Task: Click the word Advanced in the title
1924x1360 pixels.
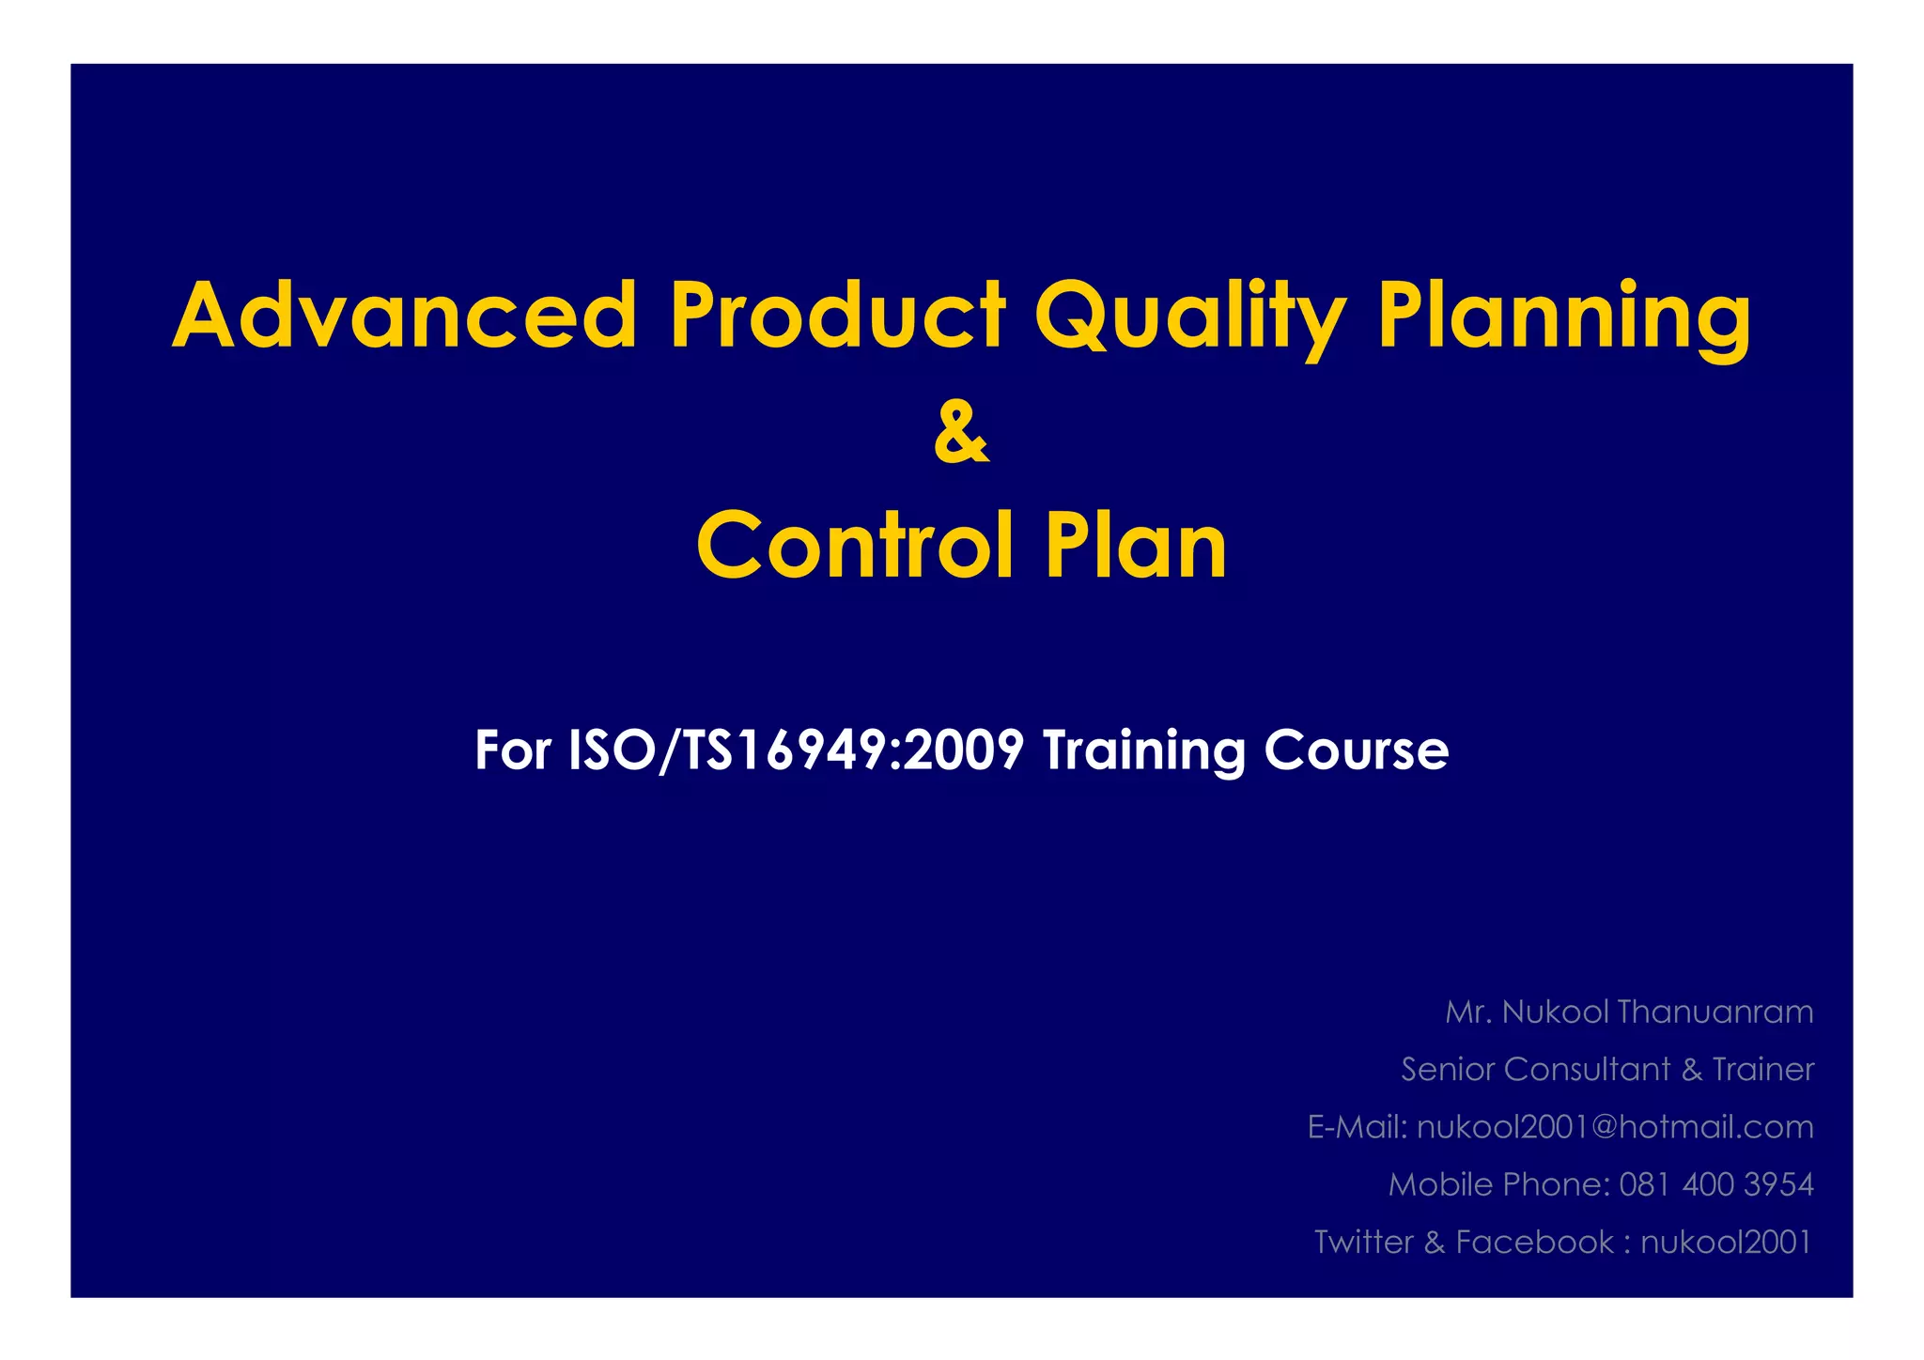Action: [405, 316]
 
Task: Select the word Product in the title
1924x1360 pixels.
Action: [836, 316]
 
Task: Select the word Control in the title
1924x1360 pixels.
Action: [855, 546]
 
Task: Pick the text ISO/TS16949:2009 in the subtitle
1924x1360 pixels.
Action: [796, 750]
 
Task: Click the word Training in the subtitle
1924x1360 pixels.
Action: [1142, 750]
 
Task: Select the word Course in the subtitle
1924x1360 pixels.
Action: [1356, 750]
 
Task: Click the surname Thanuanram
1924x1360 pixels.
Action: [1715, 1012]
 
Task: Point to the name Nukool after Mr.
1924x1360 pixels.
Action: [1555, 1012]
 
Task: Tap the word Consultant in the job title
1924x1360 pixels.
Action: [1588, 1069]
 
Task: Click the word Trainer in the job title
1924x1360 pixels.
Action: [1762, 1069]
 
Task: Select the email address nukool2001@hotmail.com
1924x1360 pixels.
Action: [1615, 1127]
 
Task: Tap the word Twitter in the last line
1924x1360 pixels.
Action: [1363, 1242]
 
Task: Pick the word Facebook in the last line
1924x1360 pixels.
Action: [1534, 1242]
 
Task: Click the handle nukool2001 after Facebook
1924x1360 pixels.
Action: [1726, 1242]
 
